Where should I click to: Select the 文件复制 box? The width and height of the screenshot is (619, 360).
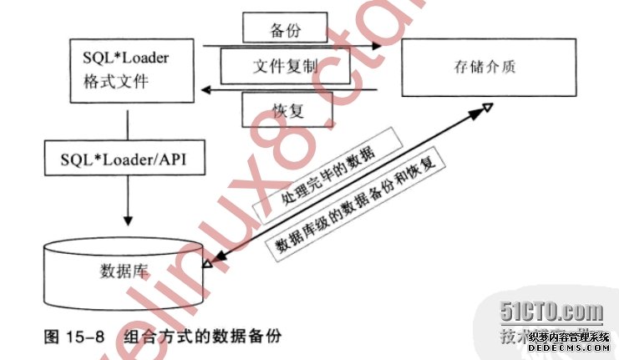[x=285, y=65]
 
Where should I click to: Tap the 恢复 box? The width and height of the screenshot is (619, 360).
[x=287, y=109]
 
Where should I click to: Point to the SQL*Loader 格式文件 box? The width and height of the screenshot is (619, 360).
[x=128, y=70]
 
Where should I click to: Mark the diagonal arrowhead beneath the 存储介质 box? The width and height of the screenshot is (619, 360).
[x=487, y=109]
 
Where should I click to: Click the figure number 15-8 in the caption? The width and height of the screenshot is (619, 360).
[x=85, y=337]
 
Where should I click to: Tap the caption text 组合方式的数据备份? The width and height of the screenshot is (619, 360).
[x=200, y=337]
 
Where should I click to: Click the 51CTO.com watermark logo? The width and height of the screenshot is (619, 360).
[x=551, y=313]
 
